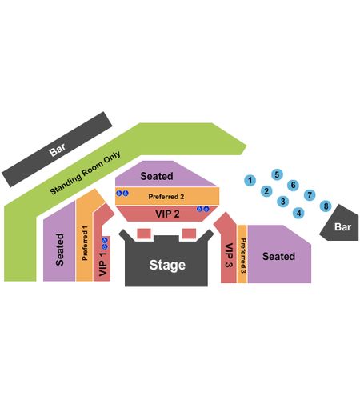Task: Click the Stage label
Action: pyautogui.click(x=167, y=265)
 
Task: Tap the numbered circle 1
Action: pyautogui.click(x=250, y=180)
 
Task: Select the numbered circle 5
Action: pyautogui.click(x=277, y=174)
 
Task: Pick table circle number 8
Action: pyautogui.click(x=326, y=206)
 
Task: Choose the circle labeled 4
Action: pyautogui.click(x=298, y=213)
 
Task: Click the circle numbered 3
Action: pyautogui.click(x=283, y=202)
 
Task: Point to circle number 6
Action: pyautogui.click(x=293, y=185)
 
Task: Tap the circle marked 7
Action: pyautogui.click(x=310, y=195)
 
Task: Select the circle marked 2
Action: pyautogui.click(x=266, y=191)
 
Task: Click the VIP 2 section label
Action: pyautogui.click(x=167, y=214)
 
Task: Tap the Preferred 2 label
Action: pyautogui.click(x=166, y=197)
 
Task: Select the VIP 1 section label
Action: pyautogui.click(x=102, y=264)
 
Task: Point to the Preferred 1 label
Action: pyautogui.click(x=85, y=243)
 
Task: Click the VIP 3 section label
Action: pyautogui.click(x=229, y=255)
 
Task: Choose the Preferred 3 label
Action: pyautogui.click(x=243, y=255)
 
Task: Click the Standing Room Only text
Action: pyautogui.click(x=86, y=173)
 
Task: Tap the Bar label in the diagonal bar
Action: pyautogui.click(x=57, y=150)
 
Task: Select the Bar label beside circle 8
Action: pyautogui.click(x=342, y=227)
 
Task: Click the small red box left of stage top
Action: pyautogui.click(x=144, y=234)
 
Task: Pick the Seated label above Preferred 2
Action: pyautogui.click(x=157, y=176)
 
